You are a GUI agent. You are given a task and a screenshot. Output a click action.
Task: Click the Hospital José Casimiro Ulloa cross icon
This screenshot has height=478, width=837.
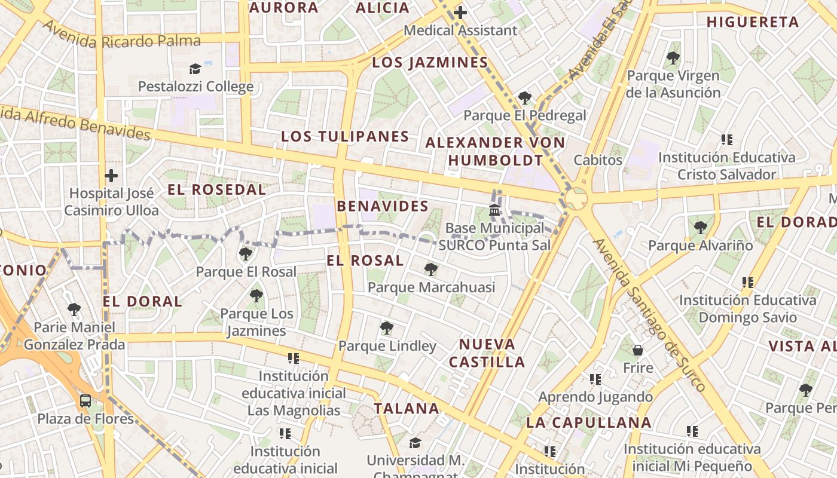(111, 176)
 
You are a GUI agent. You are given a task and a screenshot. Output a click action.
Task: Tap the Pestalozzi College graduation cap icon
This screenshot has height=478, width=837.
(195, 69)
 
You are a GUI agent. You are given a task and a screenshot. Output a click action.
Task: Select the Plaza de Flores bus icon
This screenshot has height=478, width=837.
(85, 400)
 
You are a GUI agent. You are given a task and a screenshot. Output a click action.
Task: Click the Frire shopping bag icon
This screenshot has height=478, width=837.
(638, 350)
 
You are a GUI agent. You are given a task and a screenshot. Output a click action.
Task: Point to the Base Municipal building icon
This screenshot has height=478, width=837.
(494, 210)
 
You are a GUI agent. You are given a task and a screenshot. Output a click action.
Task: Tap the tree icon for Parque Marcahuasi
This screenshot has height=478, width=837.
(430, 269)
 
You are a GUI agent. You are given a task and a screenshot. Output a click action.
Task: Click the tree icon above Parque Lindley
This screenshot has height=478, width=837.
(387, 327)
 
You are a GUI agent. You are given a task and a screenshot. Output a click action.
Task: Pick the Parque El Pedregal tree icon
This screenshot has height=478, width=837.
(525, 97)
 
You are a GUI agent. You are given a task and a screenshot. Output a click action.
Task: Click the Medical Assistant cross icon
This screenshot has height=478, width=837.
(460, 12)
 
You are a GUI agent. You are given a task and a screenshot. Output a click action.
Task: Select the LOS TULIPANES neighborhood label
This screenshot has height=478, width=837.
(345, 136)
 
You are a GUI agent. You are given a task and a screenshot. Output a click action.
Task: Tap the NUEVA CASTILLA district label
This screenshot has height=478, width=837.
(487, 353)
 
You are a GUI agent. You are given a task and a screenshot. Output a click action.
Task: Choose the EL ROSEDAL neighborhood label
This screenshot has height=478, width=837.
(216, 190)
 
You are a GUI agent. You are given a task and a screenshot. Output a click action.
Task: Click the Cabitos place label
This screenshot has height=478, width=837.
(598, 160)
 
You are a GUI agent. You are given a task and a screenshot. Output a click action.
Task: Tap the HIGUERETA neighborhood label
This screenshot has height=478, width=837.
(752, 22)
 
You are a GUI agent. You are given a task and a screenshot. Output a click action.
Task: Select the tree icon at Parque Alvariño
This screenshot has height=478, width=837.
(700, 228)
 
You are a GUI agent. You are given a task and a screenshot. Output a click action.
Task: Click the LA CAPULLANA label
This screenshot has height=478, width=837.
(588, 422)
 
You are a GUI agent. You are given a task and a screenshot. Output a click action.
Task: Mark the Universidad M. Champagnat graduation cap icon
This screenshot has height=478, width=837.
(415, 442)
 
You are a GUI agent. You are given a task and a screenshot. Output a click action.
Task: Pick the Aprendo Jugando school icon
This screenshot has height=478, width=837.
(595, 379)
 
